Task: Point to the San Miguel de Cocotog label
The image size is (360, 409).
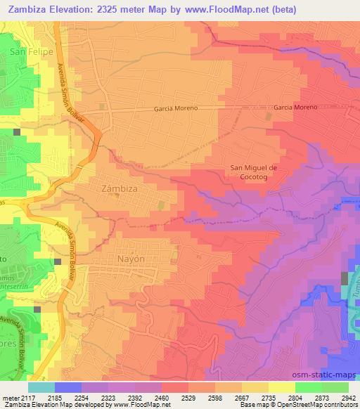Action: [x=255, y=172]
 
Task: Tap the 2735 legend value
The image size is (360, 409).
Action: [x=268, y=397]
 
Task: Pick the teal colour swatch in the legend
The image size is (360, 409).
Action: [x=41, y=387]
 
